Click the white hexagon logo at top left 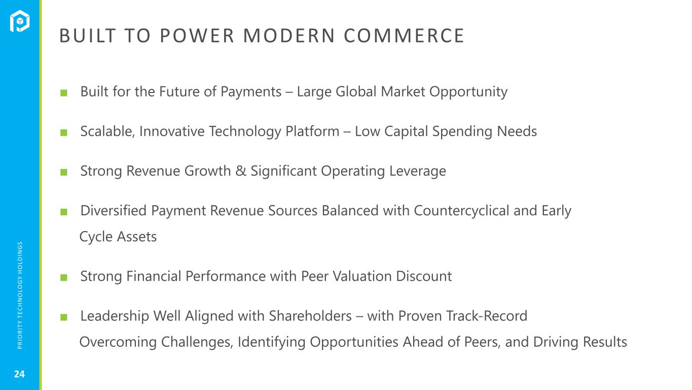(19, 21)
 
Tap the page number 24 (19, 374)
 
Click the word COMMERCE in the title (404, 36)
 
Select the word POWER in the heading (197, 36)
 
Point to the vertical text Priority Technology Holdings (20, 295)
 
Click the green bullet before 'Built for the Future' (64, 93)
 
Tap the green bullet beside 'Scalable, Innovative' (64, 133)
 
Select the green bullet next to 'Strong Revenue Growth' (64, 172)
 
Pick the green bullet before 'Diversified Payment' (64, 212)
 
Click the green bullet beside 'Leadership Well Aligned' (64, 317)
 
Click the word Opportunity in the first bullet (468, 92)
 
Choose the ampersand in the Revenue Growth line (241, 171)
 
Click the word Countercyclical (461, 211)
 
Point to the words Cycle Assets (118, 237)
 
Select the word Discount (424, 276)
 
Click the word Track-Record (487, 316)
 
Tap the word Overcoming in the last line (118, 342)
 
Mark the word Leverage (417, 171)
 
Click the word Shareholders (310, 316)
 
